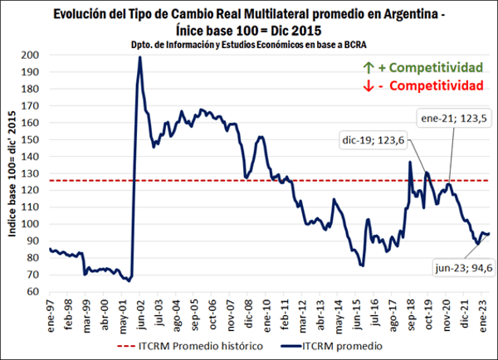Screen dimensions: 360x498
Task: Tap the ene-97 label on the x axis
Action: [52, 312]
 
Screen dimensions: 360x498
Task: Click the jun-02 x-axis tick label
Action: [144, 312]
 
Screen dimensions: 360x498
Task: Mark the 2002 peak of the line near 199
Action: [139, 57]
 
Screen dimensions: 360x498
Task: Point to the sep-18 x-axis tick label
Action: [413, 312]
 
